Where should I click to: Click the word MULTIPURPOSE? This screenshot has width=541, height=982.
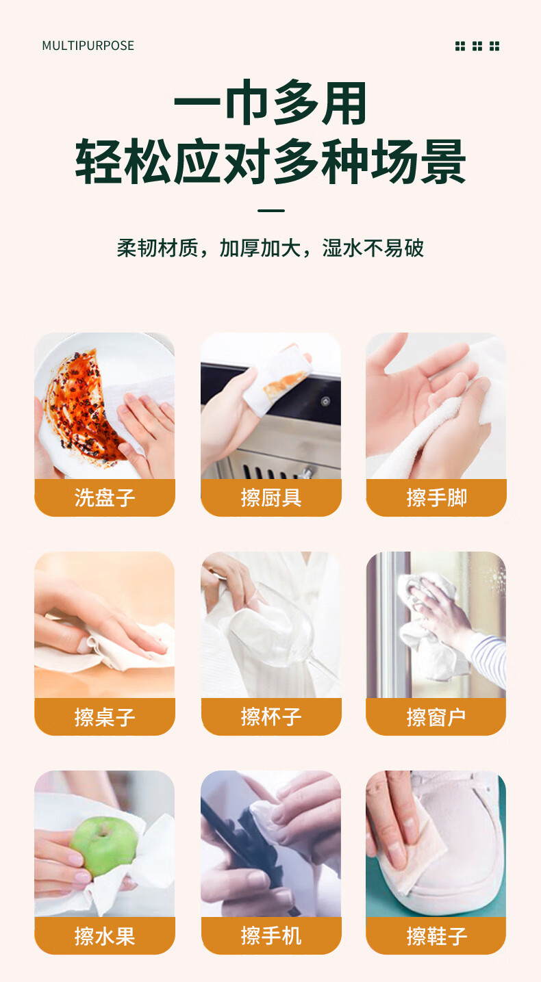88,46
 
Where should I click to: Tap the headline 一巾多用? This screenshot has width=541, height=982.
270,103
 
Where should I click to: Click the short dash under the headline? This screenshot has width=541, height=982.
271,211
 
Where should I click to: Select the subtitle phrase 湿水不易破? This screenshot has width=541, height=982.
373,248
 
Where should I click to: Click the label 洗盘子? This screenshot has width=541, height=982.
104,498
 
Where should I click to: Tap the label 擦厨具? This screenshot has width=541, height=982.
271,498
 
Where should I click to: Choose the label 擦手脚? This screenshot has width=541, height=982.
437,498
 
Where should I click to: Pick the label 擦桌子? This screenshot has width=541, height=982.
104,716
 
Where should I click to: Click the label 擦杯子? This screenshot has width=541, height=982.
271,716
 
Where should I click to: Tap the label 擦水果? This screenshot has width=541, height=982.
104,936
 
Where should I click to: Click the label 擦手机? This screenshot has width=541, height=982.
271,936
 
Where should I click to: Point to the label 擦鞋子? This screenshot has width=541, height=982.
437,936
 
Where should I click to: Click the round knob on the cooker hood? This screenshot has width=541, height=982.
325,401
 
